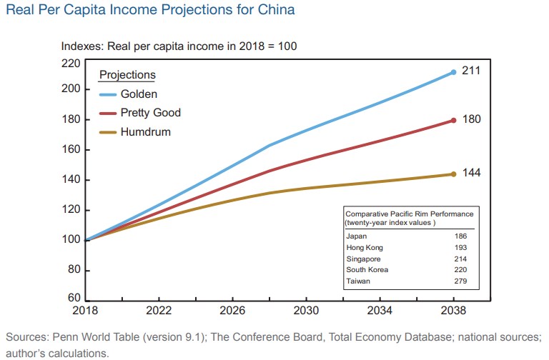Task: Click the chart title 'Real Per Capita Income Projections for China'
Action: (151, 11)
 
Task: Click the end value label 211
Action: (472, 71)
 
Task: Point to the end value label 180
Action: (472, 119)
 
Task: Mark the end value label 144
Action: (472, 173)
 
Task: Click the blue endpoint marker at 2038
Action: (453, 72)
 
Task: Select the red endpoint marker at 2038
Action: (453, 120)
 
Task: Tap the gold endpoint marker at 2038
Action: (453, 174)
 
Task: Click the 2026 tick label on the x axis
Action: (232, 311)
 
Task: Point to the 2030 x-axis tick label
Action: (306, 311)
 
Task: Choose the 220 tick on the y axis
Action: (71, 63)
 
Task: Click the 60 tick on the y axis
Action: (74, 298)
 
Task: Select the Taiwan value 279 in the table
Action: (462, 282)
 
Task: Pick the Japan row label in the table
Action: (356, 235)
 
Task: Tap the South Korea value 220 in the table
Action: (462, 270)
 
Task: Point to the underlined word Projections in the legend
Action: (127, 75)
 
